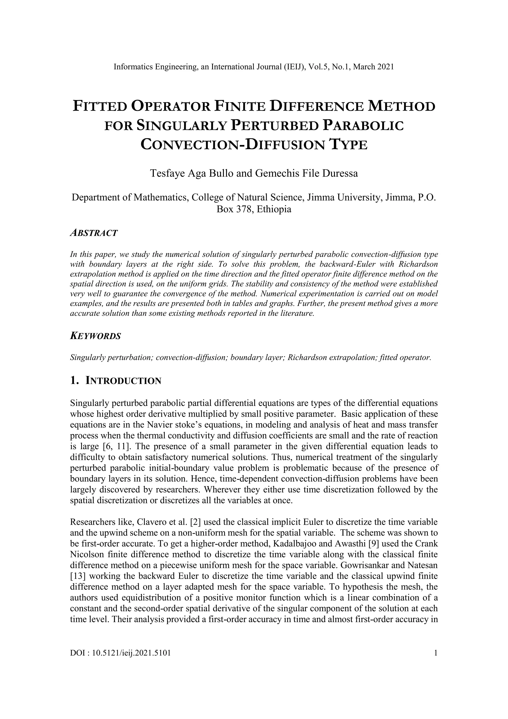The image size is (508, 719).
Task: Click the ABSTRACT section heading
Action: (94, 233)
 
